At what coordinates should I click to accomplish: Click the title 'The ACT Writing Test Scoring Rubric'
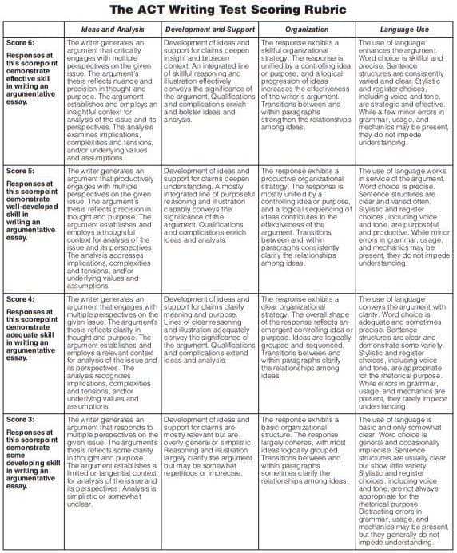(x=228, y=10)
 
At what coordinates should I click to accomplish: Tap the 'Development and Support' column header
(x=209, y=28)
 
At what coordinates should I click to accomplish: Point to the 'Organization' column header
(x=307, y=28)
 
